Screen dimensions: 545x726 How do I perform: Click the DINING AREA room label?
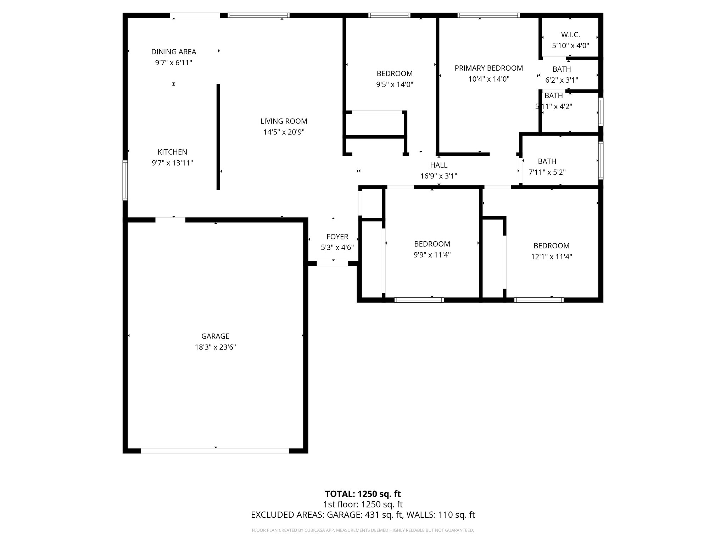point(173,52)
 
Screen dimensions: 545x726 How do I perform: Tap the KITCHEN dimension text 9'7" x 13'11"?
point(172,163)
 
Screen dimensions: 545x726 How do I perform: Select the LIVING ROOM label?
point(284,121)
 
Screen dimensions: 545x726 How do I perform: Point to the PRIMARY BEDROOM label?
point(488,68)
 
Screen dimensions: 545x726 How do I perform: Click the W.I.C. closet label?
point(570,35)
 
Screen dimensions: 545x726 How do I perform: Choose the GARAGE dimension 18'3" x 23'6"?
point(215,347)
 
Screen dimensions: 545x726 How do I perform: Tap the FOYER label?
point(337,237)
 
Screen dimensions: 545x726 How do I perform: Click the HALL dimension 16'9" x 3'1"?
point(439,176)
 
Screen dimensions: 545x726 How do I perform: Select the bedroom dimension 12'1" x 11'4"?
point(551,257)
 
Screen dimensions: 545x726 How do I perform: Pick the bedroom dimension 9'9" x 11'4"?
point(432,255)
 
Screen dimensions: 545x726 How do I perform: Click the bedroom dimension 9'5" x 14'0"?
point(395,84)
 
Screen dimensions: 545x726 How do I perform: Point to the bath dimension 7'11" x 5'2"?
point(547,172)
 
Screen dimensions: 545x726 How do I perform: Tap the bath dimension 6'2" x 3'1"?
point(562,80)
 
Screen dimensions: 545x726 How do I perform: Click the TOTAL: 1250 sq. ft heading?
point(363,494)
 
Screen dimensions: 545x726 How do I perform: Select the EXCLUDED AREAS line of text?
point(363,515)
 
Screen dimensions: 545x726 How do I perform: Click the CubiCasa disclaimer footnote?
point(363,530)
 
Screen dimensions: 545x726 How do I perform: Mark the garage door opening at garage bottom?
point(215,451)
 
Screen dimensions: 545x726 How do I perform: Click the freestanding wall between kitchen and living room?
point(218,137)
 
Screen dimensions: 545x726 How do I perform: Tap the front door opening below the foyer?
point(332,264)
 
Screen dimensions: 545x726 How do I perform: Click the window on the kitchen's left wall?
point(125,180)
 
